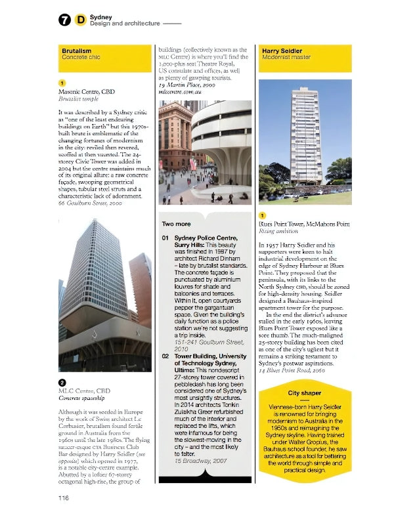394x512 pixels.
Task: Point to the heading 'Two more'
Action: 177,224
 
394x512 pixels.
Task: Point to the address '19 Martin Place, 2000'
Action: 187,85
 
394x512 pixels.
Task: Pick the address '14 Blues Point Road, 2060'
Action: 292,371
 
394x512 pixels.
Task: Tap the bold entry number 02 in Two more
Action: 167,356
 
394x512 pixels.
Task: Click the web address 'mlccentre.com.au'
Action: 179,93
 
